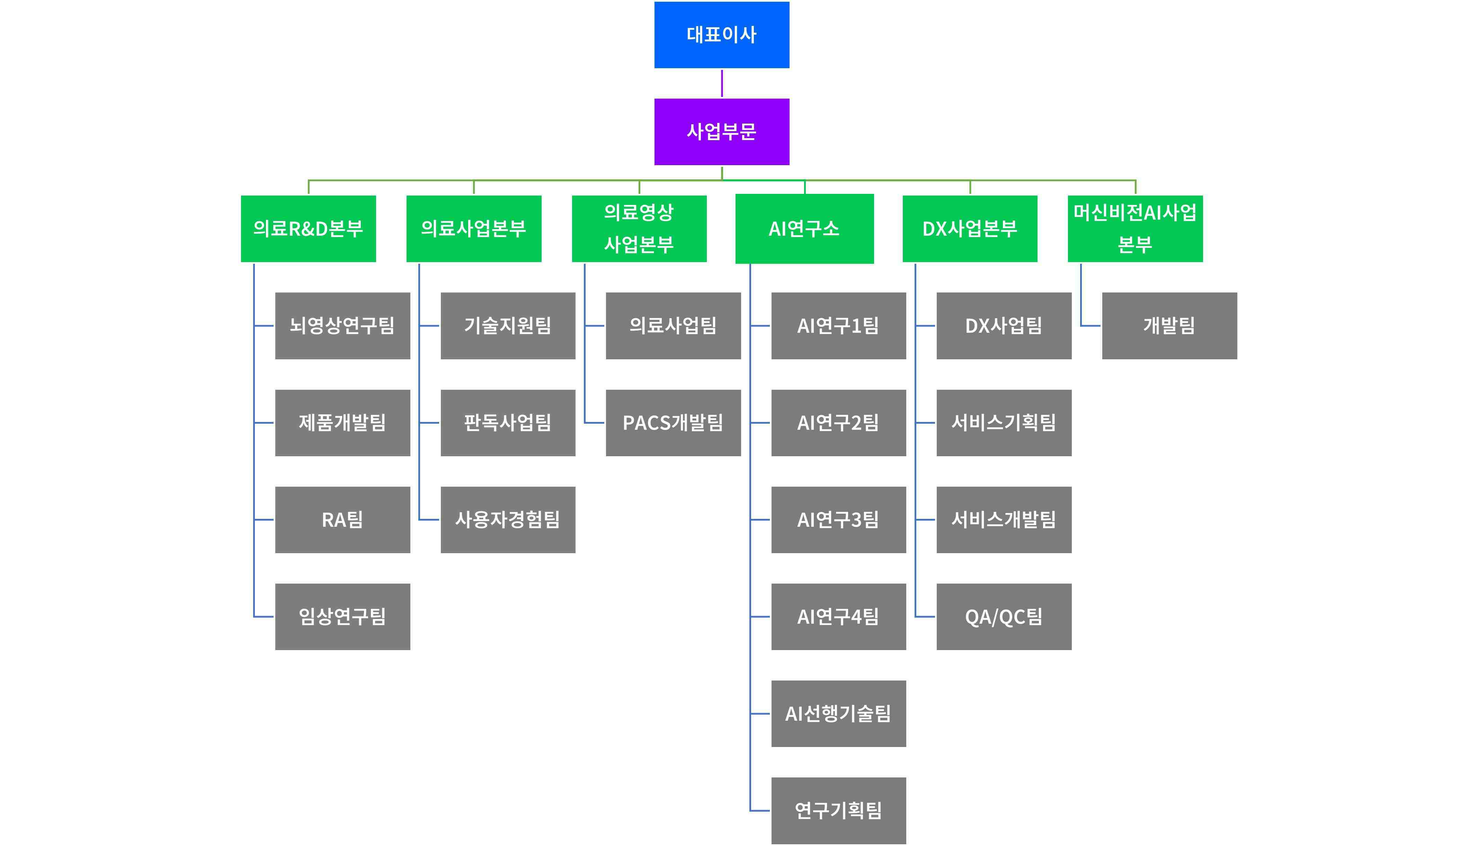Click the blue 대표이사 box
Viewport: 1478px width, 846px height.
(x=721, y=35)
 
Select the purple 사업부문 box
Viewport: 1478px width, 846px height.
(x=721, y=132)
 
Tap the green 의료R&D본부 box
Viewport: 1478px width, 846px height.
(x=308, y=229)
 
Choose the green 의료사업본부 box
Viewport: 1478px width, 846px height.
(x=474, y=229)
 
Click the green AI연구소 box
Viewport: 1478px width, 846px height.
(x=804, y=229)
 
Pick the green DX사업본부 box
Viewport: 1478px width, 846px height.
(x=969, y=229)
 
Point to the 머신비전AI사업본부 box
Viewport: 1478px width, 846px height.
(x=1135, y=229)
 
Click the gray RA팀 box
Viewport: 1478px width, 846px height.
(x=342, y=520)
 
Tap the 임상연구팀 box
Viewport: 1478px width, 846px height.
(x=342, y=616)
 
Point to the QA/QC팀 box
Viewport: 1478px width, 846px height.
(x=1004, y=616)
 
